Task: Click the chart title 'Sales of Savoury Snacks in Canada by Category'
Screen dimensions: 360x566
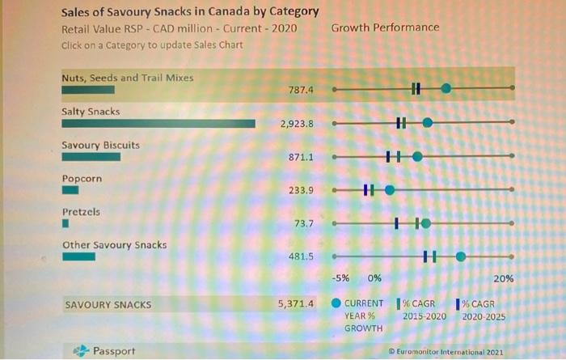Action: click(190, 12)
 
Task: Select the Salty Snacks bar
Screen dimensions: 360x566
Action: click(158, 124)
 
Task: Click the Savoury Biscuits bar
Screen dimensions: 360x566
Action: click(91, 157)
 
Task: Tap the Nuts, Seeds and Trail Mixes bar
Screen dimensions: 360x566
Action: click(88, 90)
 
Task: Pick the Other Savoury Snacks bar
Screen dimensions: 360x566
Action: click(78, 256)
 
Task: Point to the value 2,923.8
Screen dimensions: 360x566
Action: click(296, 124)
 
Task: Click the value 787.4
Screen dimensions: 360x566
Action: click(300, 91)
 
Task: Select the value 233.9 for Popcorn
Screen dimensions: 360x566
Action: click(300, 190)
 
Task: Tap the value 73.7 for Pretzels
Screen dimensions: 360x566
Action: click(303, 223)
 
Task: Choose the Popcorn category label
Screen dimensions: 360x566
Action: click(82, 178)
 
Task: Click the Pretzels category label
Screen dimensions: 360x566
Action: click(82, 211)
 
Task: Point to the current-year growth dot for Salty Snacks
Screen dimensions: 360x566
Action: click(428, 123)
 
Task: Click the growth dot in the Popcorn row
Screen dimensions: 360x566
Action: click(390, 190)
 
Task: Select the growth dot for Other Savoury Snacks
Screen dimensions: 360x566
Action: click(461, 256)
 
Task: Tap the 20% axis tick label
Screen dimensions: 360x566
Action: click(503, 278)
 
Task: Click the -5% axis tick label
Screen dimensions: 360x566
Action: click(341, 278)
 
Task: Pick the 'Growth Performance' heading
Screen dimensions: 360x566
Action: click(385, 28)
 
